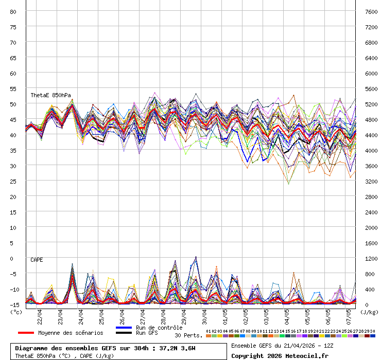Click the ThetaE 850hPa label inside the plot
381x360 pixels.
(x=50, y=95)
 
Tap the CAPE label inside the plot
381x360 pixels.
(x=37, y=260)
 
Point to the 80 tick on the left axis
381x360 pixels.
(x=13, y=11)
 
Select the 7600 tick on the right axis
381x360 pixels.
(x=371, y=11)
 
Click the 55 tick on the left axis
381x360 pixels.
(x=13, y=88)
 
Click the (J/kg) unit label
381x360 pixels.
(x=369, y=312)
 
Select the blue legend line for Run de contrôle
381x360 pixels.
(x=124, y=328)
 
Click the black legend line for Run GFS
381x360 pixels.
(x=124, y=333)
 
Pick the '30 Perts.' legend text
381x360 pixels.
(x=188, y=335)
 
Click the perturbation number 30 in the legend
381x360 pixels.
(x=373, y=331)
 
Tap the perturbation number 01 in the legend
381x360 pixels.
(x=209, y=331)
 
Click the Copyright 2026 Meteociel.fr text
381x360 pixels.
(x=280, y=355)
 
